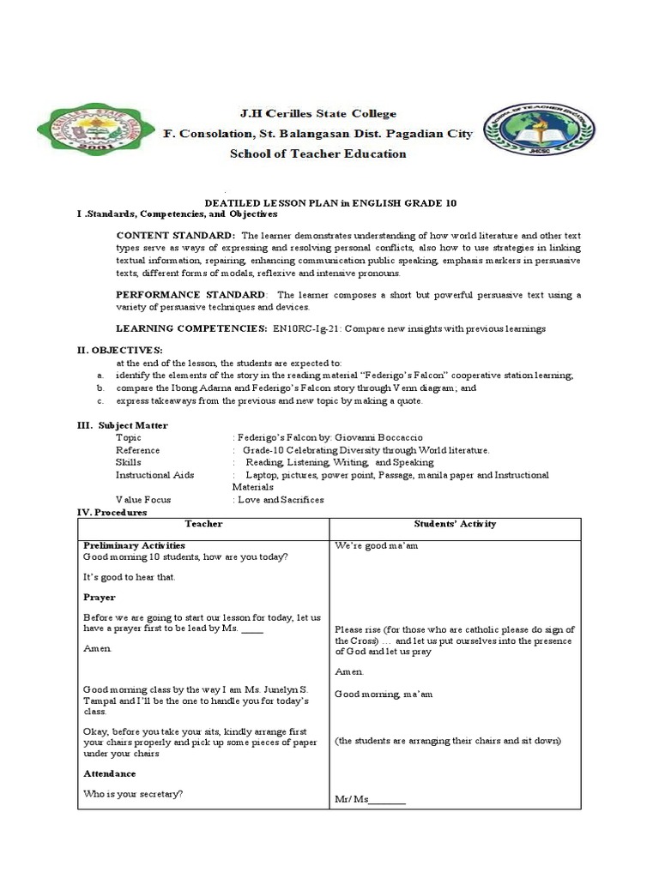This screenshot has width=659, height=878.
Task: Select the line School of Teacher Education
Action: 317,154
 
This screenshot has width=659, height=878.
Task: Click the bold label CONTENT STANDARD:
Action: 175,235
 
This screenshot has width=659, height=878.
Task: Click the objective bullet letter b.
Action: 100,388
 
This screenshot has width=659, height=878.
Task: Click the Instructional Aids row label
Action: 155,475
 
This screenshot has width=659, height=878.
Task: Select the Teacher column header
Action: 203,524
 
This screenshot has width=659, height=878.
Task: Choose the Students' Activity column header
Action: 455,524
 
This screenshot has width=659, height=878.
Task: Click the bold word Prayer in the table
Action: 100,598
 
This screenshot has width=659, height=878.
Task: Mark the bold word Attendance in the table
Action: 110,773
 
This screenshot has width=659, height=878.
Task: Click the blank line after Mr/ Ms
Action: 388,801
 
